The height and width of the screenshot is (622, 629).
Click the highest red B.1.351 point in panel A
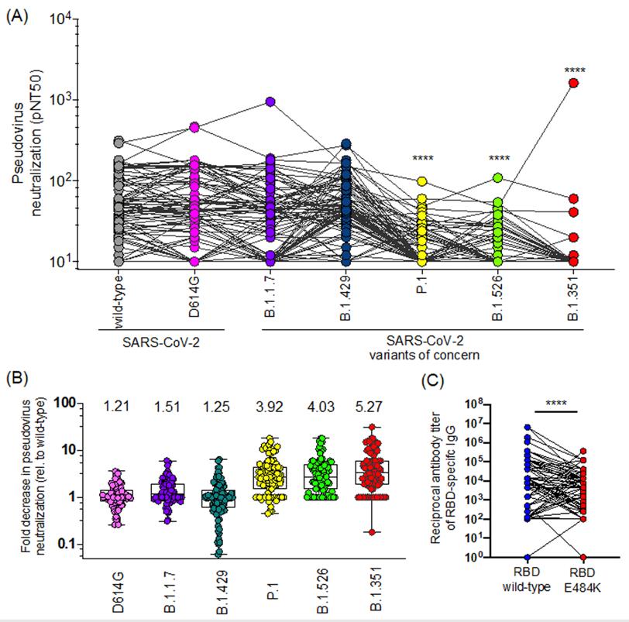[x=573, y=83]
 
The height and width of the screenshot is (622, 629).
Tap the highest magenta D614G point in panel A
[x=194, y=127]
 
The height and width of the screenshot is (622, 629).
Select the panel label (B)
[x=18, y=380]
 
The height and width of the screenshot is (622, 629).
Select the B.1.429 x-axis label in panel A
[x=345, y=294]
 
